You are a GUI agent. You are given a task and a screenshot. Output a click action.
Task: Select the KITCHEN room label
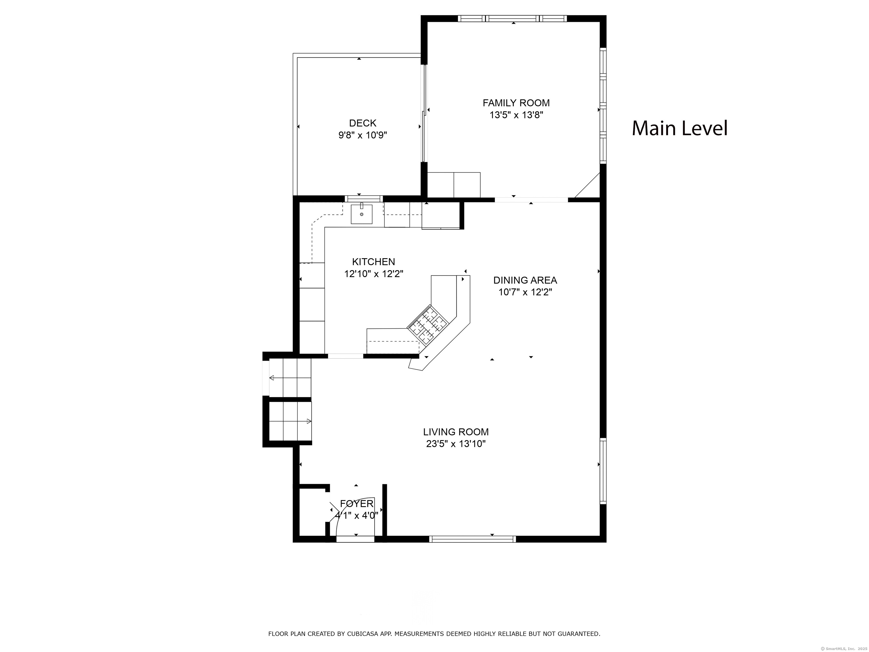[374, 262]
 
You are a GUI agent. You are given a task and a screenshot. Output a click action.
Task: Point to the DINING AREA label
[525, 280]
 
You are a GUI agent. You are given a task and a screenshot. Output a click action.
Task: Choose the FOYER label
[357, 504]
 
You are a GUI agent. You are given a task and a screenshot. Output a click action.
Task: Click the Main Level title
[680, 128]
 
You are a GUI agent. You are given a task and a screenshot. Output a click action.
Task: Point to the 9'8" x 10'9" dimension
[362, 135]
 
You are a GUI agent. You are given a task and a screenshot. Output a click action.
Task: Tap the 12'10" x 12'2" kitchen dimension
[374, 274]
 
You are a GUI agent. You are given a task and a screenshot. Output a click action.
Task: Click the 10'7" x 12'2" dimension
[525, 292]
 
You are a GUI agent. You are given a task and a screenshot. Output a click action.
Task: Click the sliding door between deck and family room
[424, 113]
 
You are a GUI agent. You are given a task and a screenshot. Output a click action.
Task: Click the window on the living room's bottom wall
[472, 539]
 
